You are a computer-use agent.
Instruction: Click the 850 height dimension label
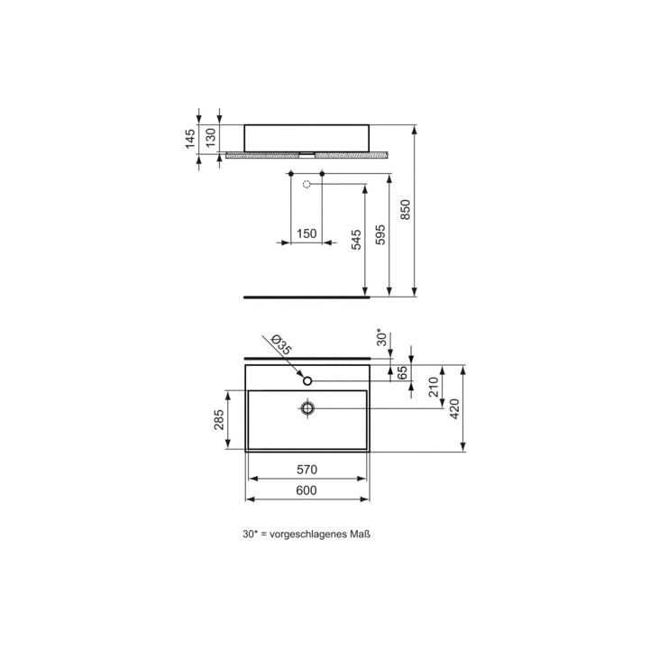pyautogui.click(x=406, y=209)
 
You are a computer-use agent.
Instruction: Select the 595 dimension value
pyautogui.click(x=380, y=234)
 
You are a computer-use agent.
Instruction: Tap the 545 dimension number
pyautogui.click(x=356, y=240)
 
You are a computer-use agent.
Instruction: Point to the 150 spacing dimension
pyautogui.click(x=306, y=233)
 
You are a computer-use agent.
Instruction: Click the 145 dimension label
pyautogui.click(x=190, y=139)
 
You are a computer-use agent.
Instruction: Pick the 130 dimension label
pyautogui.click(x=211, y=138)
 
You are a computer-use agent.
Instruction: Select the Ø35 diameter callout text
pyautogui.click(x=280, y=345)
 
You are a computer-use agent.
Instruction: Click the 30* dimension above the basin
pyautogui.click(x=381, y=338)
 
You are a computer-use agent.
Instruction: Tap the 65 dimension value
pyautogui.click(x=402, y=373)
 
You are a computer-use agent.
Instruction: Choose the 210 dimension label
pyautogui.click(x=434, y=387)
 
